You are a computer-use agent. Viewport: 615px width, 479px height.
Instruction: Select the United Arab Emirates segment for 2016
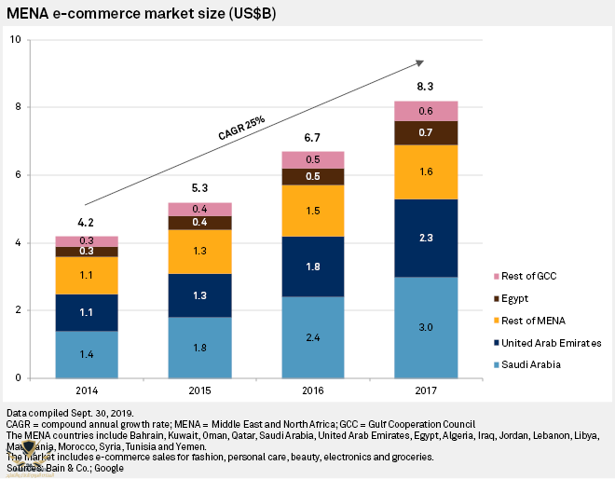coord(313,267)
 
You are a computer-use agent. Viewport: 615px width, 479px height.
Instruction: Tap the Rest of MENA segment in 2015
coord(200,252)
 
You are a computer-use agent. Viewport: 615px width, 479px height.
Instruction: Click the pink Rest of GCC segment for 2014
coord(87,240)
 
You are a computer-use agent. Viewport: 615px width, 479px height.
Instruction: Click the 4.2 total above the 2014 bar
coord(87,222)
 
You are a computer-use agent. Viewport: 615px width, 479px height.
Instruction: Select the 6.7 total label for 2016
coord(313,138)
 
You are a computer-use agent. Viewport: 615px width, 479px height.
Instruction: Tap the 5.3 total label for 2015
coord(200,189)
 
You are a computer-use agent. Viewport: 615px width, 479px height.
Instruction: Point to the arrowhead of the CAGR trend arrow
coord(420,62)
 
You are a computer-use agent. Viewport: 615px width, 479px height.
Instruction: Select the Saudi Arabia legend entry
coord(531,365)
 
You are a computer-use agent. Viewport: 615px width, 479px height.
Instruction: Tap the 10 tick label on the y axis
coord(14,40)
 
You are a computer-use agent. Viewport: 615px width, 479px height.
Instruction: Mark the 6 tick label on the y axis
coord(17,175)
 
